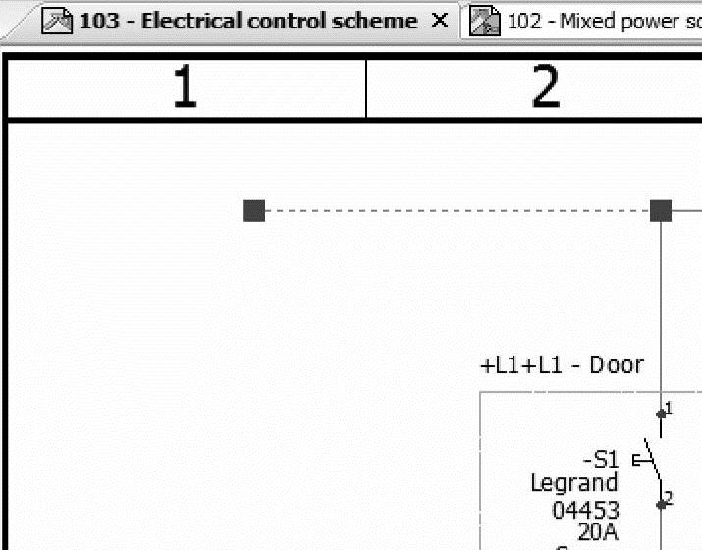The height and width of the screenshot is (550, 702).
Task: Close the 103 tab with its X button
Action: tap(441, 20)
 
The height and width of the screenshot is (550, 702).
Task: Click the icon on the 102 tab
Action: tap(481, 21)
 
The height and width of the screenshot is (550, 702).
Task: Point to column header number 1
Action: tap(185, 88)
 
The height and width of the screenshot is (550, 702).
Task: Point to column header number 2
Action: tap(545, 88)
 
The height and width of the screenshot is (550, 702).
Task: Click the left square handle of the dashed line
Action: tap(254, 210)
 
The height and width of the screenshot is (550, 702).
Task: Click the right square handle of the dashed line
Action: tap(661, 210)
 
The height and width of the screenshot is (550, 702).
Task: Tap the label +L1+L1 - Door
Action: tap(562, 365)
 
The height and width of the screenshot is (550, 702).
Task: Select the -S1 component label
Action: tap(600, 459)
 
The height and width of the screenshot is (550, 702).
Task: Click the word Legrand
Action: tap(574, 483)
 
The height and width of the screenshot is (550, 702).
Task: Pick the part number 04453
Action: tap(585, 510)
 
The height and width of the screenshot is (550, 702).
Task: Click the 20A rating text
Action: tap(598, 531)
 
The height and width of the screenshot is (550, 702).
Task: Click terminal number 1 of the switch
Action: tap(669, 408)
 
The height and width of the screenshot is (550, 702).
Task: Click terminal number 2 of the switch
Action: tap(669, 499)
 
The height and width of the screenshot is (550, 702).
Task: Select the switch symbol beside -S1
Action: tap(652, 460)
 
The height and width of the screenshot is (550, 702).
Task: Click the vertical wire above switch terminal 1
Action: tap(661, 314)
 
